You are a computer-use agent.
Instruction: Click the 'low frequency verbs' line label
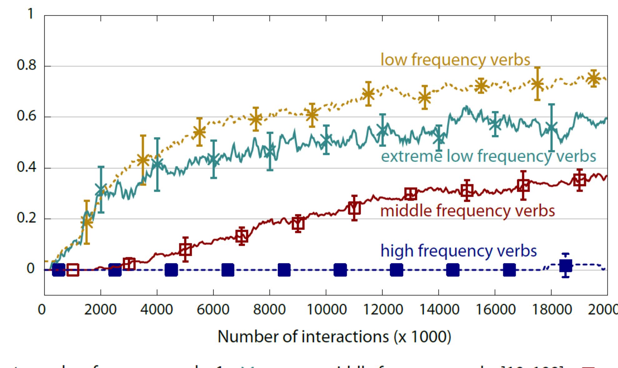pos(455,59)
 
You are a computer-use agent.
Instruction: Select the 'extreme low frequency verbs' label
pos(488,156)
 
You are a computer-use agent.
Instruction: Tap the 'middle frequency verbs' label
pos(467,211)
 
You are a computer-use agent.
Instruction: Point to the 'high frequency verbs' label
pos(458,251)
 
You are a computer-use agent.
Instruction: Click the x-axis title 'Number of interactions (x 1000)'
pos(334,337)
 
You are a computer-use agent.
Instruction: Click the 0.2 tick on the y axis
pos(27,218)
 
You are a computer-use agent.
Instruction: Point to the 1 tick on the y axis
pos(30,14)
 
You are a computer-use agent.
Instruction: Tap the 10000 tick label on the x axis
pos(326,310)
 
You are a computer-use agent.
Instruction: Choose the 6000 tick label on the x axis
pos(213,310)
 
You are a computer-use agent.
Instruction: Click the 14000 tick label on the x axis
pos(439,310)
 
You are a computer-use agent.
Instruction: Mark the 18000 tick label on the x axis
pos(551,310)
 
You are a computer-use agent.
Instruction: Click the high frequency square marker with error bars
pos(566,266)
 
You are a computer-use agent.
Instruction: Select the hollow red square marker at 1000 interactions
pos(73,270)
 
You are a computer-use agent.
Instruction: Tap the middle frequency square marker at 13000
pos(411,194)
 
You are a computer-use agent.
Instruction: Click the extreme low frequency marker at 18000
pos(551,127)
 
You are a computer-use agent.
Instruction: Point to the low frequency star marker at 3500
pos(143,160)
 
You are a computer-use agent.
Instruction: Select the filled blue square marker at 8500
pos(284,270)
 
